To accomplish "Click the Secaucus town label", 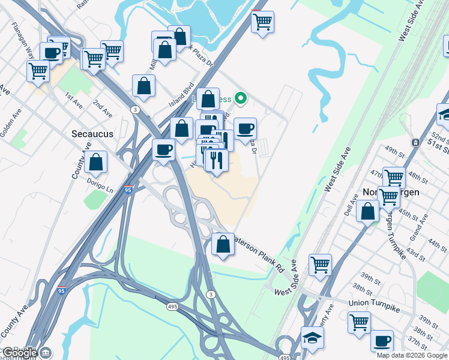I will pyautogui.click(x=92, y=134).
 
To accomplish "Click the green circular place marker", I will pyautogui.click(x=241, y=98).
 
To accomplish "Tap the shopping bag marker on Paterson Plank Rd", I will pyautogui.click(x=223, y=244).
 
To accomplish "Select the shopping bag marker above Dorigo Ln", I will pyautogui.click(x=95, y=161).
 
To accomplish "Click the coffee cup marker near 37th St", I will pyautogui.click(x=381, y=341).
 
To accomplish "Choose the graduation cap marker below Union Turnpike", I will pyautogui.click(x=312, y=338).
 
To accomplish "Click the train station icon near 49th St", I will pyautogui.click(x=415, y=143).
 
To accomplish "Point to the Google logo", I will pyautogui.click(x=20, y=353).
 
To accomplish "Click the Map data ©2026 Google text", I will pyautogui.click(x=412, y=355).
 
